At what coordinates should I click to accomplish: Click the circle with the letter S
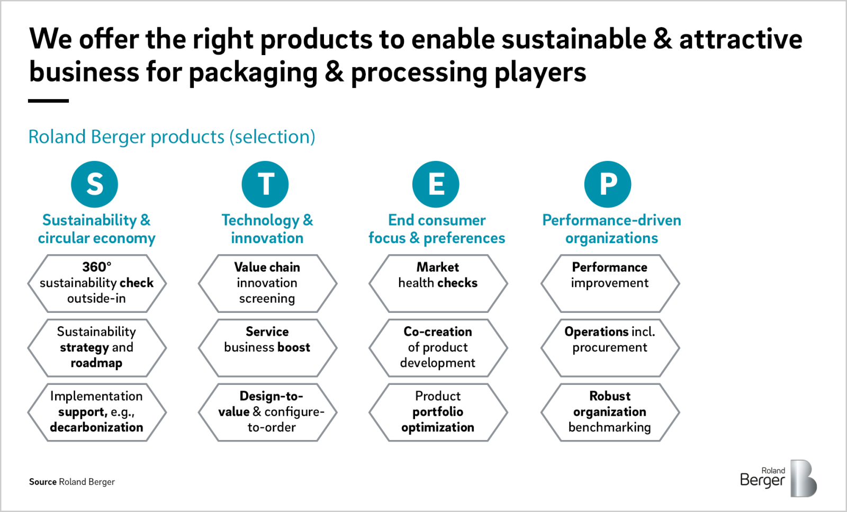(x=95, y=184)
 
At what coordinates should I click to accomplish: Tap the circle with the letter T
(x=265, y=184)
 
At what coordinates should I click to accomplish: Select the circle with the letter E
(x=436, y=184)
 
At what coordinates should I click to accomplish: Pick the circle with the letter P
(x=608, y=184)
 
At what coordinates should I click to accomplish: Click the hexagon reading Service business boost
(x=267, y=347)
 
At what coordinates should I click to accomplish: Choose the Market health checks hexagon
(x=438, y=283)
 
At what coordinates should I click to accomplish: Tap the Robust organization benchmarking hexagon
(x=610, y=412)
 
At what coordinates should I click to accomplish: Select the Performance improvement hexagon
(x=610, y=283)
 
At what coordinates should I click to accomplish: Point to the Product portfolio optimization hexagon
(x=438, y=412)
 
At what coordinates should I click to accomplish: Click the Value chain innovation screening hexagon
(x=267, y=283)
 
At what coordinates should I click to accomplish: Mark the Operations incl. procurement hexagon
(x=610, y=347)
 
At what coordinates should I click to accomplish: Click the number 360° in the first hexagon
(x=97, y=267)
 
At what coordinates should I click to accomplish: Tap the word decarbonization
(x=96, y=427)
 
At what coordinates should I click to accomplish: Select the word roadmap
(x=96, y=363)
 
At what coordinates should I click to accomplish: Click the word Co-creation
(x=438, y=331)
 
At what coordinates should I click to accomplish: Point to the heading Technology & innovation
(x=267, y=229)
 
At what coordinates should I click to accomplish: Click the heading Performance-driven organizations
(x=611, y=229)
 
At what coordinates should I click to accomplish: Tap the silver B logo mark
(x=803, y=478)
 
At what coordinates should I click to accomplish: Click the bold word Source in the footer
(x=43, y=482)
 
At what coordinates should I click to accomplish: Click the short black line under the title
(x=48, y=101)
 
